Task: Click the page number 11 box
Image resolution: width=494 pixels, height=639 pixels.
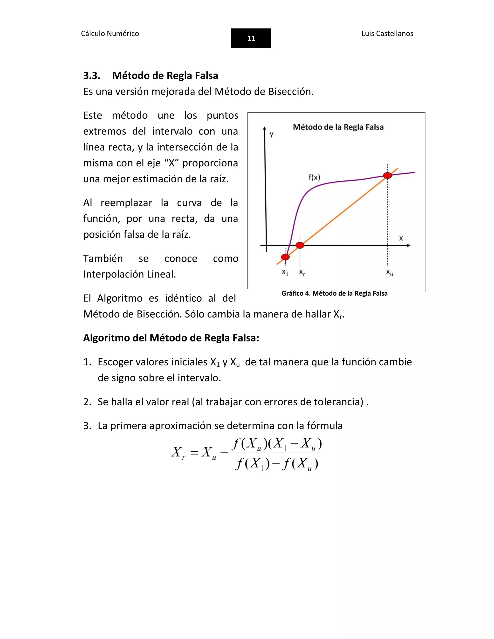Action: click(x=251, y=38)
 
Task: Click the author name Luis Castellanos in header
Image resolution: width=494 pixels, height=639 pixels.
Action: click(x=387, y=34)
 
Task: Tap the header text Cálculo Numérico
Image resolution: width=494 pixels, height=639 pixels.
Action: click(x=110, y=34)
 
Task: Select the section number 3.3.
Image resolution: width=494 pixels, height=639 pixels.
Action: click(x=92, y=75)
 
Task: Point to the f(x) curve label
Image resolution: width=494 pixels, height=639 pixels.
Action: click(x=314, y=177)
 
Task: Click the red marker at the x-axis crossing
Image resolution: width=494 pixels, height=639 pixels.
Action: click(x=300, y=245)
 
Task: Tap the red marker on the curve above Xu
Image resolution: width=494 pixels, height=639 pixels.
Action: click(x=387, y=175)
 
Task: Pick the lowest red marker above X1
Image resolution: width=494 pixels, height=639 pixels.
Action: click(x=285, y=257)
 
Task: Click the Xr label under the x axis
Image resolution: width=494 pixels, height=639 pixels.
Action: click(x=302, y=272)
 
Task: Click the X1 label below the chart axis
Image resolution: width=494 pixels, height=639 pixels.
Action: click(x=285, y=272)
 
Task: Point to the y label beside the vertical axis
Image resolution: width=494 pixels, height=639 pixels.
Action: click(x=272, y=134)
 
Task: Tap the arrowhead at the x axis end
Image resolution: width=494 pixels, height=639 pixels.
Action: click(x=409, y=245)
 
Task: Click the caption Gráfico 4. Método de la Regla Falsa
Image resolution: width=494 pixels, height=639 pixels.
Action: click(x=334, y=293)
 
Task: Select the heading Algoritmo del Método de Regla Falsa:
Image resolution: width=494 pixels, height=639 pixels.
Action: click(x=171, y=338)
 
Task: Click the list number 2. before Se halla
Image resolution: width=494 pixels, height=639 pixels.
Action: click(x=87, y=402)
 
